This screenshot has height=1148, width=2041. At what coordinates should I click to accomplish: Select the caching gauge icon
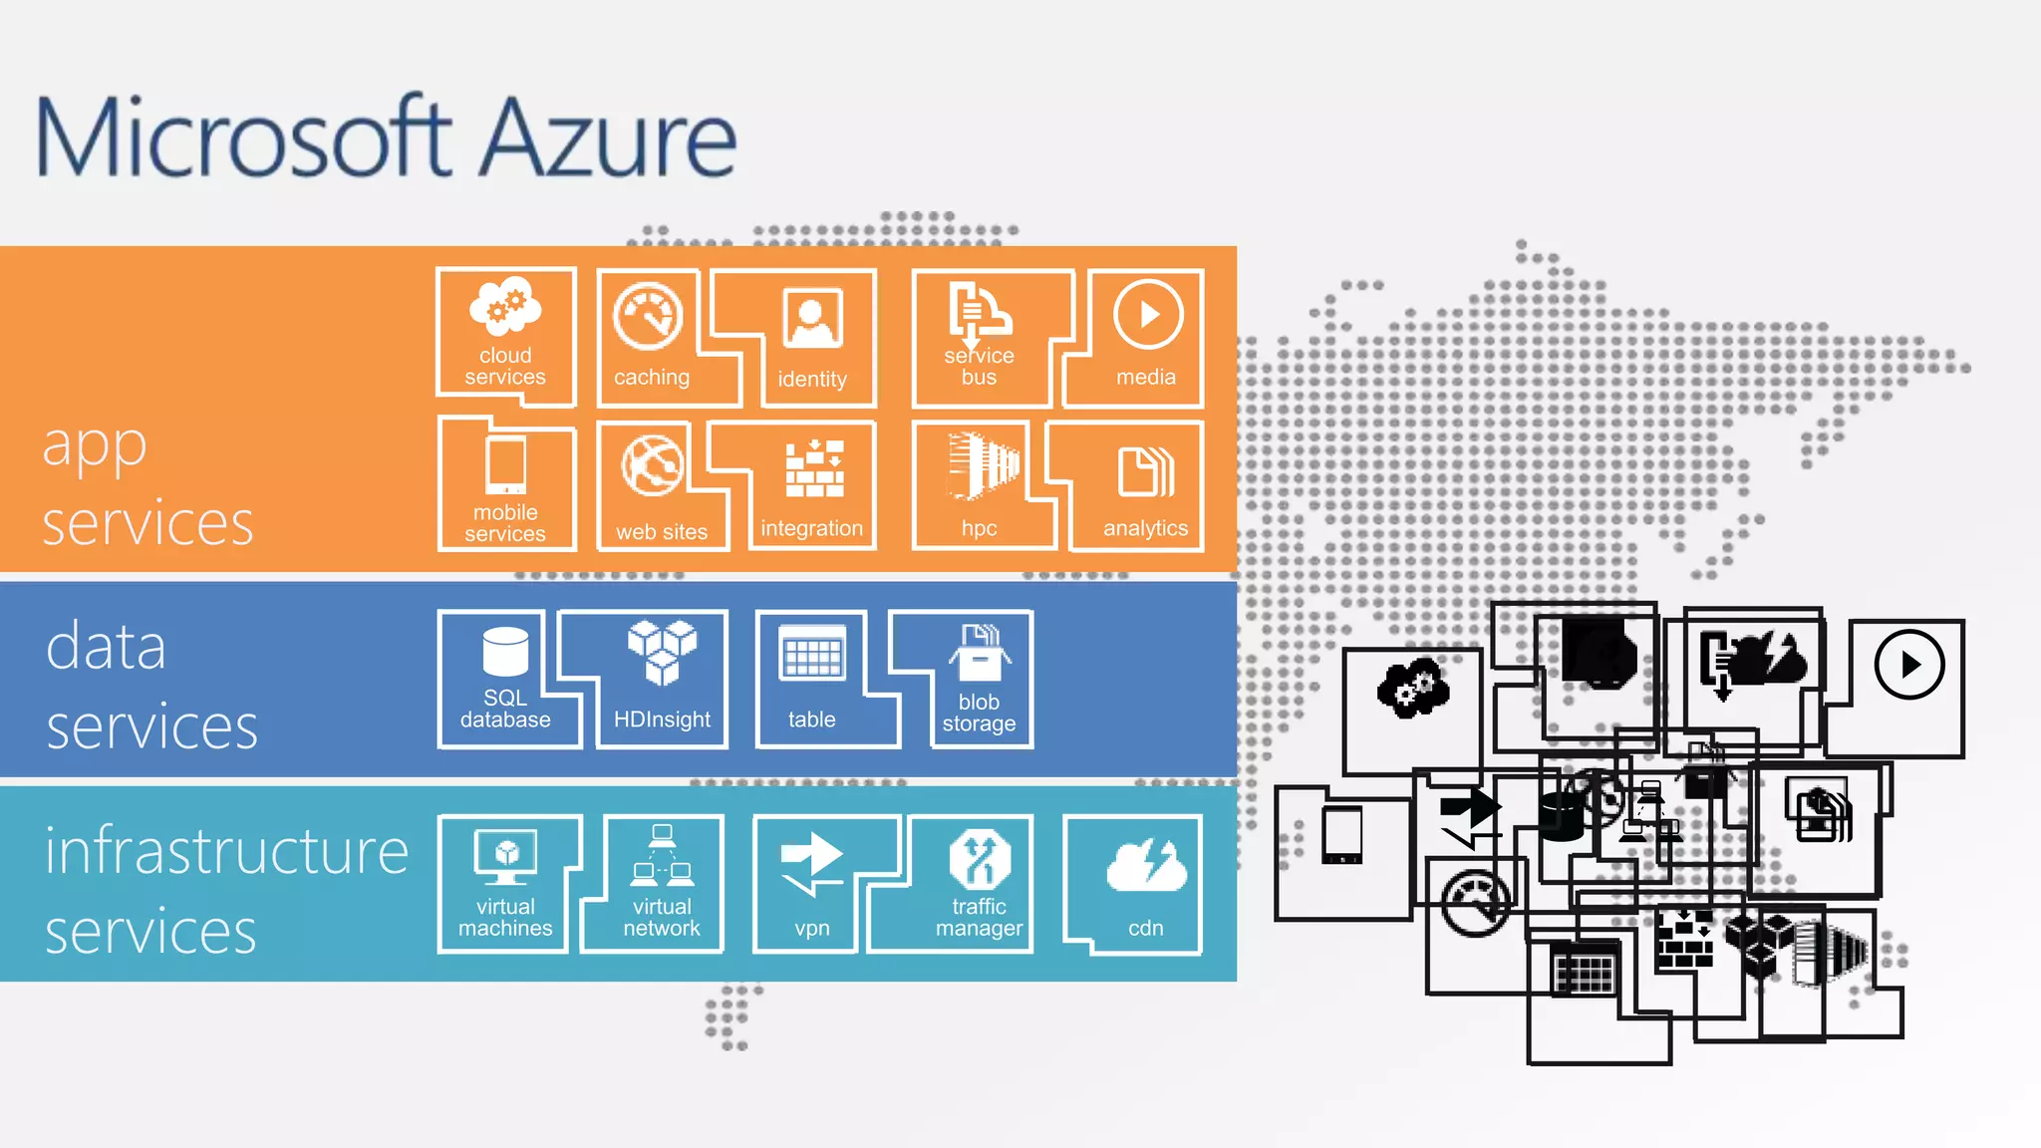(x=648, y=317)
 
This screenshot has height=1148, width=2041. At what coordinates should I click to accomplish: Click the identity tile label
(x=812, y=379)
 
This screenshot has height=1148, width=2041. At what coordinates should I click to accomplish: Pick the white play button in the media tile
(x=1148, y=315)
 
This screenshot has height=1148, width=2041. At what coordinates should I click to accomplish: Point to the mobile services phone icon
(x=505, y=464)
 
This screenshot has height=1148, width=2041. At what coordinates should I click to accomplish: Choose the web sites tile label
(x=662, y=532)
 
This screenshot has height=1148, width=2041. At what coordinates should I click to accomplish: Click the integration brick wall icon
(x=814, y=468)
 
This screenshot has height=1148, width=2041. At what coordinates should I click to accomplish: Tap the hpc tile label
(x=979, y=528)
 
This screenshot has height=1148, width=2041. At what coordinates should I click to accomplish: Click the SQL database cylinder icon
(x=505, y=652)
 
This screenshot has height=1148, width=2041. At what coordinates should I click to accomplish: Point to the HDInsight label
(x=662, y=719)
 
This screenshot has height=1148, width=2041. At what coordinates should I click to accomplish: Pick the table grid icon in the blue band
(x=812, y=654)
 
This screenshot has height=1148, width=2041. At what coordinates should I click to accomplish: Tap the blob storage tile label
(x=979, y=713)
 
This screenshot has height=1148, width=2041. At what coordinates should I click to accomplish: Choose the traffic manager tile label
(x=979, y=917)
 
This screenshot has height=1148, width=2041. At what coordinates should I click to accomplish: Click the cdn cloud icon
(x=1146, y=865)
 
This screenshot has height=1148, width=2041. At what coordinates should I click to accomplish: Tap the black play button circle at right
(x=1908, y=664)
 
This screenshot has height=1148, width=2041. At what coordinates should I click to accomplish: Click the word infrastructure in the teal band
(x=227, y=852)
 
